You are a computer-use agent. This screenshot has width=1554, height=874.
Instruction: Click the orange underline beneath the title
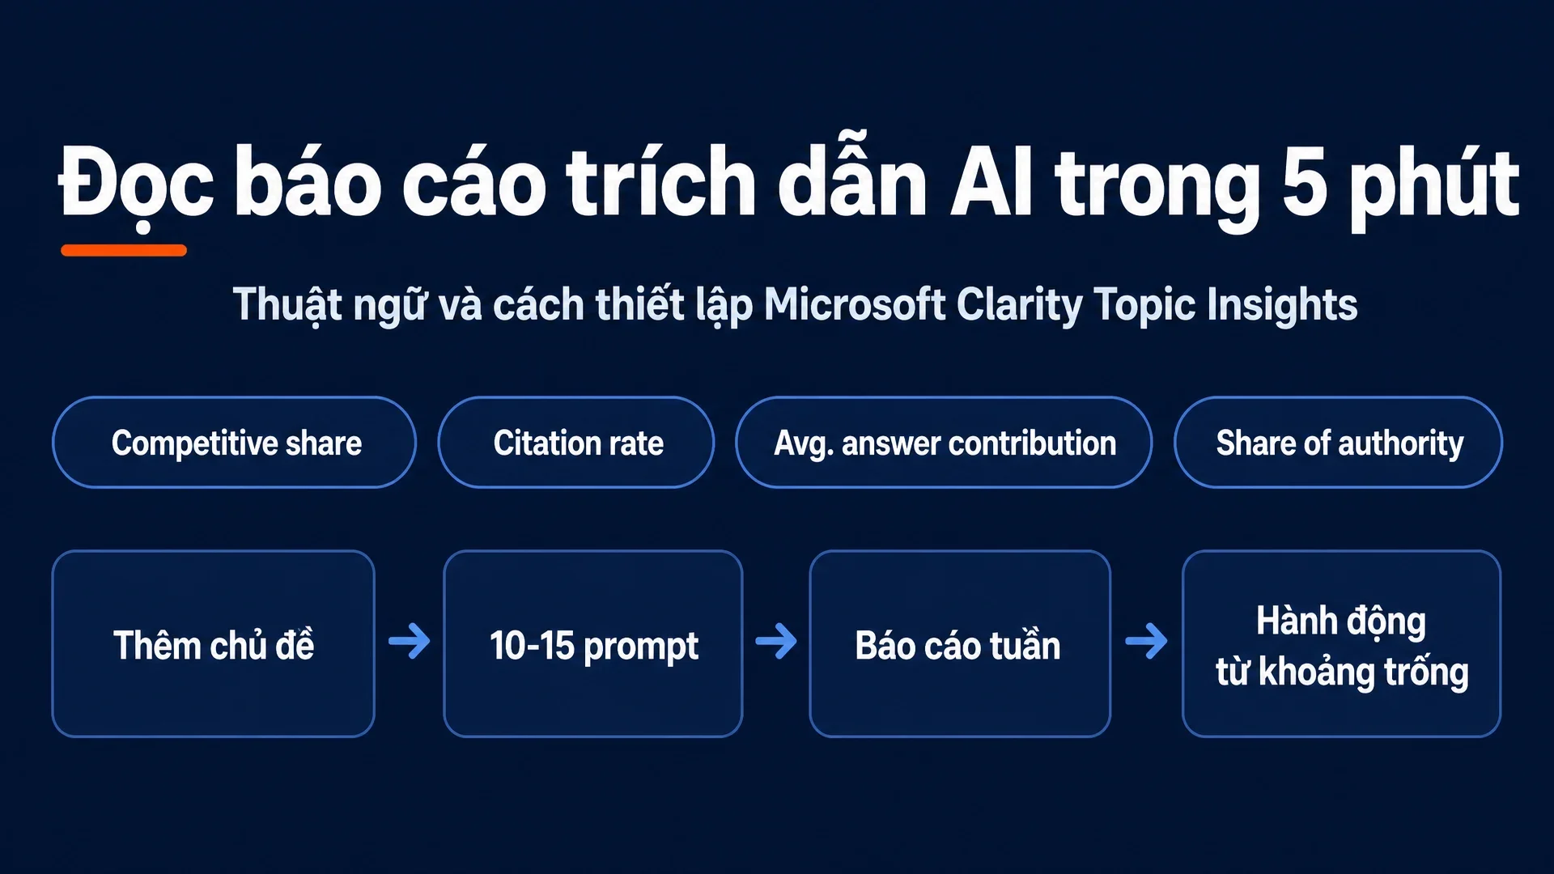(x=124, y=250)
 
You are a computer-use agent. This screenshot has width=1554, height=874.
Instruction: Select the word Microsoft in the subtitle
(x=855, y=304)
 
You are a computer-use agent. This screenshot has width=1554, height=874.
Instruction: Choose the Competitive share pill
(x=235, y=442)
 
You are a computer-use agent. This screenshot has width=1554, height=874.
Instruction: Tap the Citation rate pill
(x=576, y=442)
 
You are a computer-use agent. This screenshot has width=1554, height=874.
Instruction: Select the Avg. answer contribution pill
(x=944, y=442)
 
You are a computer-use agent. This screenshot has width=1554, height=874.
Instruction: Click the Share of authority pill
(x=1338, y=442)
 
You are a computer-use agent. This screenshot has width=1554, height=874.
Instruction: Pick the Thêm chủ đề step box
(x=214, y=643)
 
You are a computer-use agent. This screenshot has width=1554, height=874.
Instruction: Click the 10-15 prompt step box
(x=593, y=643)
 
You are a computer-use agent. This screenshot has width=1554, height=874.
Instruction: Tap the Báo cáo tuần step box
(x=960, y=643)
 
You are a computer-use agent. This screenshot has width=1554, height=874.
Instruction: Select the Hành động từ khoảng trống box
(x=1341, y=643)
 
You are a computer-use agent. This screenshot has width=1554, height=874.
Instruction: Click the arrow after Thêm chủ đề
(x=410, y=641)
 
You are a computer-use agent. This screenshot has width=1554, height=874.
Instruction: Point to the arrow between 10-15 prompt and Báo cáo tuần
(x=776, y=641)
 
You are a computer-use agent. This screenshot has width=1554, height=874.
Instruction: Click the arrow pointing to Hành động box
(x=1147, y=641)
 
